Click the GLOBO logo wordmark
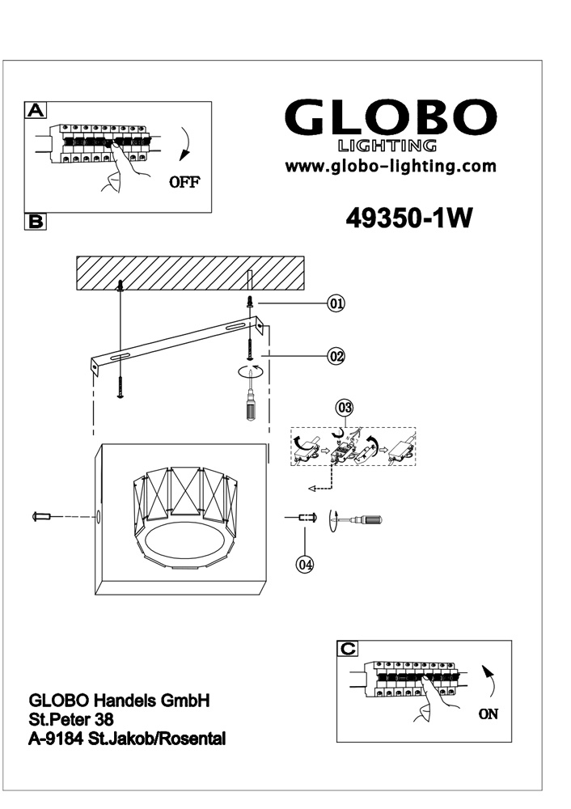pyautogui.click(x=391, y=117)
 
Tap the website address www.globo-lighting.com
pyautogui.click(x=391, y=166)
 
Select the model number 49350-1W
pyautogui.click(x=408, y=218)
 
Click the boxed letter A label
pyautogui.click(x=36, y=110)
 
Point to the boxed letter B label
pyautogui.click(x=36, y=222)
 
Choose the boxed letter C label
pyautogui.click(x=348, y=649)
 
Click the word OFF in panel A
pyautogui.click(x=184, y=181)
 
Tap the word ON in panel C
pyautogui.click(x=489, y=714)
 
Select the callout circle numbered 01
pyautogui.click(x=336, y=303)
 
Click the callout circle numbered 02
pyautogui.click(x=336, y=356)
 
